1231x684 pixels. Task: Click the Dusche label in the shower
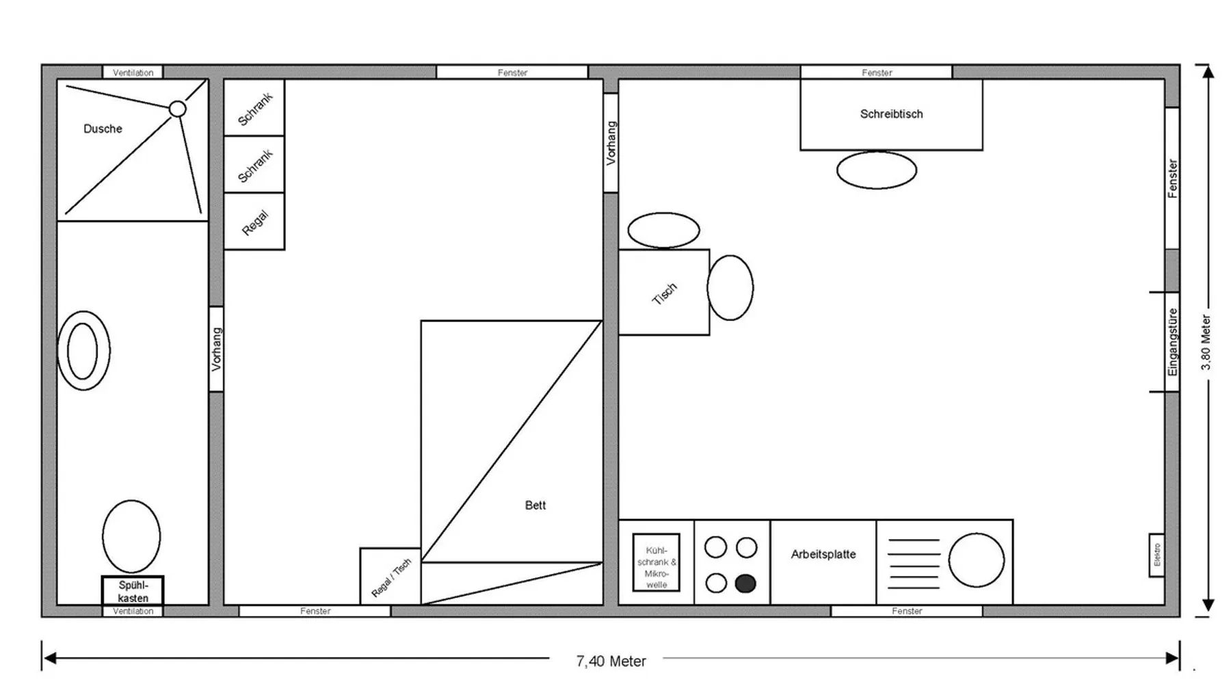[103, 129]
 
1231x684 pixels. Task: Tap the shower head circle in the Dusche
[177, 109]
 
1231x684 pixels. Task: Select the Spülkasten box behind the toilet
[133, 591]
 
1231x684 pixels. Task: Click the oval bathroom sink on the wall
[83, 351]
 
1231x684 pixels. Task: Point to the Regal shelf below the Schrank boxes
[254, 222]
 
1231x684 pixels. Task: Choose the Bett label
[535, 505]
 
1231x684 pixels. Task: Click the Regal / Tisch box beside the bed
[391, 577]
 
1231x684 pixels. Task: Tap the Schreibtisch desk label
[891, 114]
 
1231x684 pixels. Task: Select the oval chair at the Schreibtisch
[877, 170]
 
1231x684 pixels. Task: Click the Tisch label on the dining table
[664, 293]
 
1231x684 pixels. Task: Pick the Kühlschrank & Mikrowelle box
[656, 562]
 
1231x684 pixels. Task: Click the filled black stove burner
[745, 583]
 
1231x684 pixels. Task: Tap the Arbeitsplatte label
[823, 555]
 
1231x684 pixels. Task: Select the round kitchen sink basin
[976, 560]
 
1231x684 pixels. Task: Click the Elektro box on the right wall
[1156, 555]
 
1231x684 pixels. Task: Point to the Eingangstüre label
[1173, 342]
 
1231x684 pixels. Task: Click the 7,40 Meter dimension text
[611, 661]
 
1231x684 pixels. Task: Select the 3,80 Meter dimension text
[1206, 343]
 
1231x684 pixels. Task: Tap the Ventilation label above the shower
[133, 73]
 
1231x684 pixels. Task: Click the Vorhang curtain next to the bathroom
[216, 349]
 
